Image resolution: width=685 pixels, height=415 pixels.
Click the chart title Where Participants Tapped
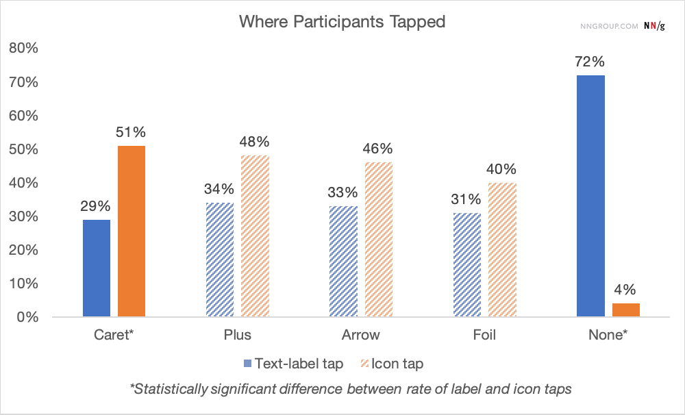click(x=342, y=21)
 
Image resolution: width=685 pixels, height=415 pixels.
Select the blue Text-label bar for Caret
click(x=96, y=268)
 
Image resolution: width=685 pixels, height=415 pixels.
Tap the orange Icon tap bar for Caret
click(x=131, y=231)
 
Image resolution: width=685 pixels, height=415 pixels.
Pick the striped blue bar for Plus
click(x=220, y=260)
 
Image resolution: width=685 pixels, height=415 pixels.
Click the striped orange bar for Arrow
click(x=378, y=240)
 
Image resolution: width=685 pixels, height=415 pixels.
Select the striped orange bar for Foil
click(x=502, y=250)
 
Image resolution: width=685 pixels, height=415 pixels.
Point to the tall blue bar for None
click(x=590, y=197)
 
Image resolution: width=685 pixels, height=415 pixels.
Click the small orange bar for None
click(x=625, y=310)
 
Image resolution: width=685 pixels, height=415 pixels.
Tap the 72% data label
click(x=590, y=62)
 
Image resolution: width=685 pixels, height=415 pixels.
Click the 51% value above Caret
click(x=131, y=132)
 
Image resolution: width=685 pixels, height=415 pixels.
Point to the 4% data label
click(x=625, y=290)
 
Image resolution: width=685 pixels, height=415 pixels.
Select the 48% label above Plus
click(x=255, y=142)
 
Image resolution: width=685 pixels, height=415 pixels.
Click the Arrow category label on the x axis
click(x=360, y=336)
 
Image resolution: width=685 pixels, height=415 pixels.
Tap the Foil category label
click(x=484, y=336)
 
